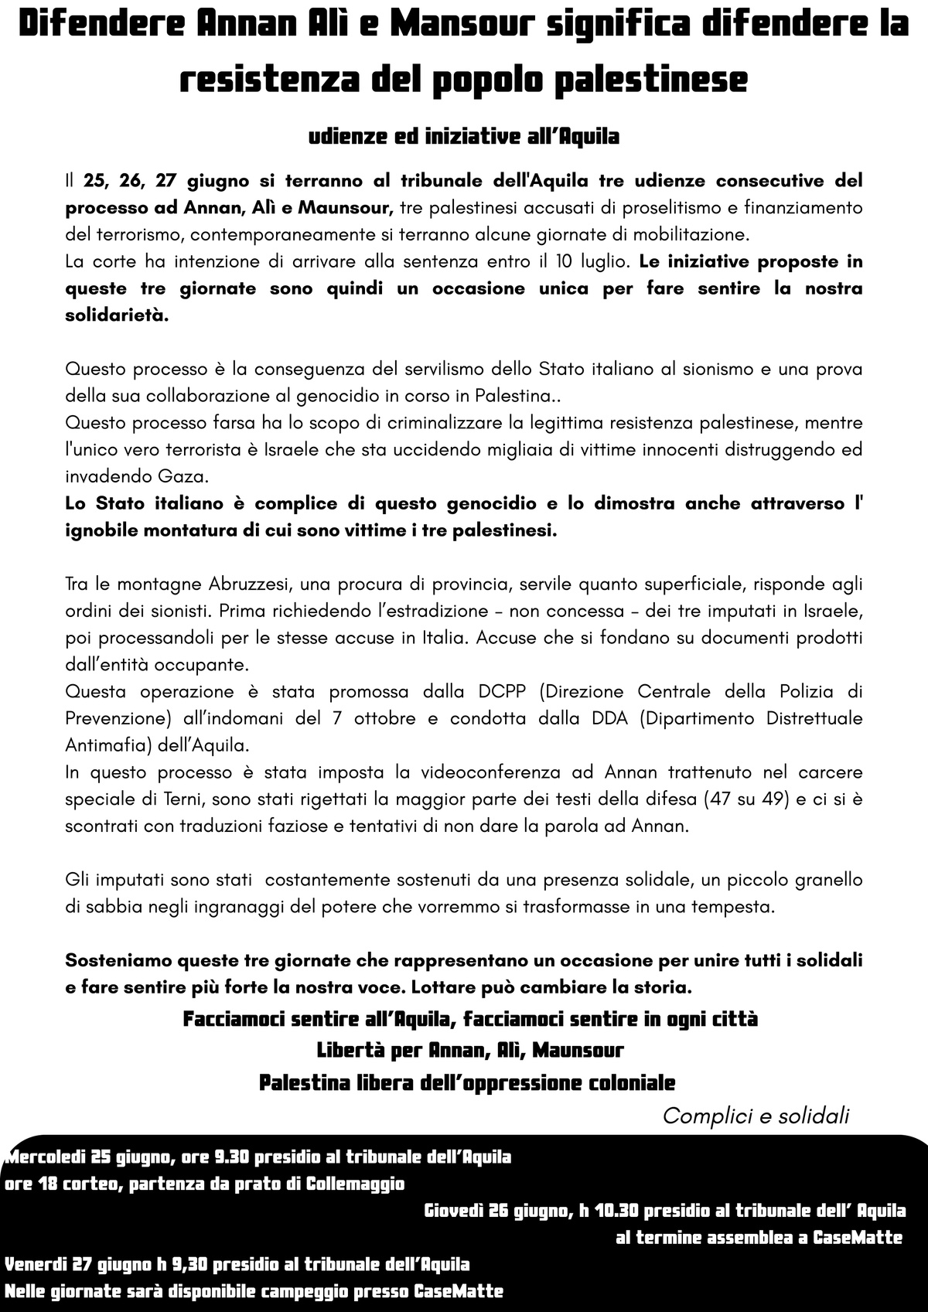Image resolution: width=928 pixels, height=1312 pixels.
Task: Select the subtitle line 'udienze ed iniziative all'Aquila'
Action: pos(464,137)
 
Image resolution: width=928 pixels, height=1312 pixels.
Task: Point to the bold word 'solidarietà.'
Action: pos(116,315)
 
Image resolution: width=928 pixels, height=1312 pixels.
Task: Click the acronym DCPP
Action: pos(502,691)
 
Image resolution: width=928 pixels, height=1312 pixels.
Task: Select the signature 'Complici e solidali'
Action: pos(756,1116)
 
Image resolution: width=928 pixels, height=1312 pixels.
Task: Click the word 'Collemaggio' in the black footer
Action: pos(356,1184)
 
